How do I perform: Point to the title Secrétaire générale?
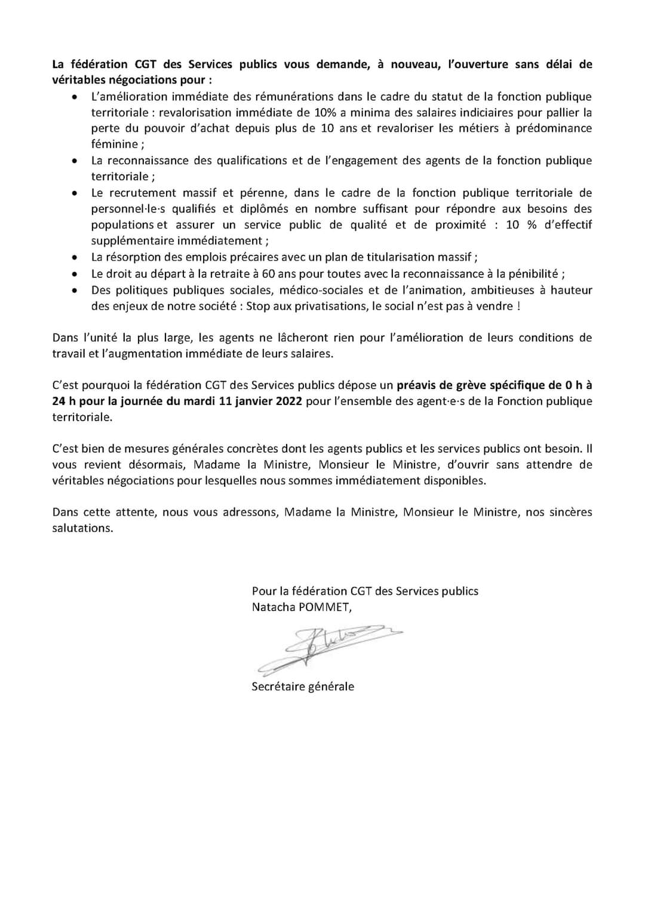(303, 687)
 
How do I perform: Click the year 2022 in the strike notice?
(289, 401)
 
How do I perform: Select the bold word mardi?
(200, 401)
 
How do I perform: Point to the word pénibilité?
(530, 274)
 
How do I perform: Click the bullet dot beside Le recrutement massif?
(74, 193)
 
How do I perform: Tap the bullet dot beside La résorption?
(74, 258)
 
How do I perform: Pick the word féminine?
(114, 144)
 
